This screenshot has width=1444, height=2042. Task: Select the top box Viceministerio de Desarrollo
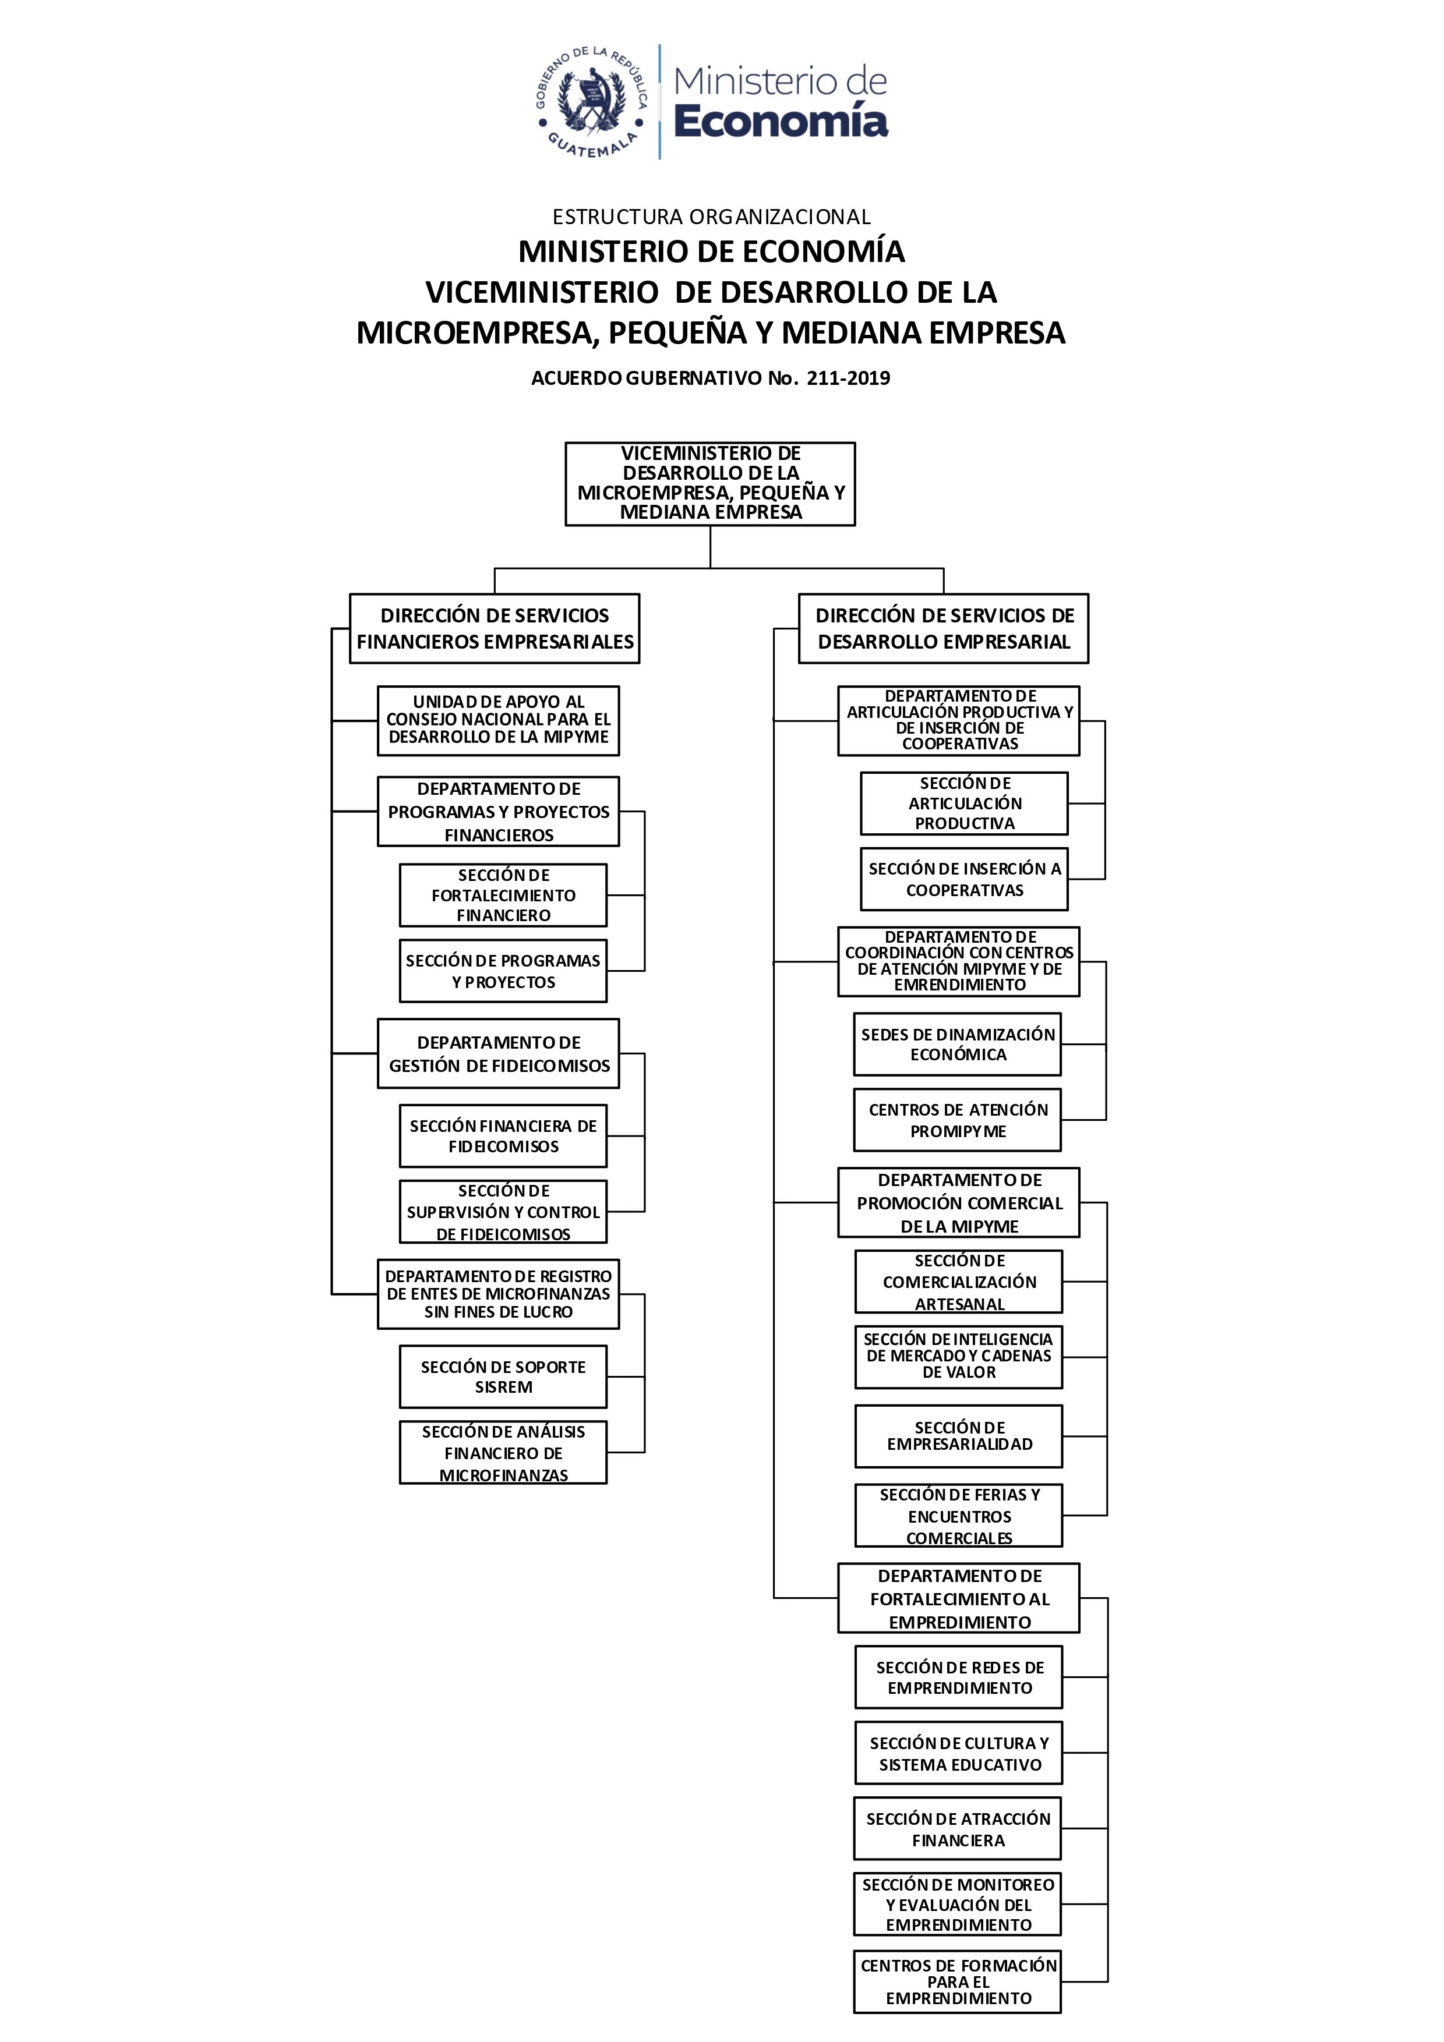tap(710, 484)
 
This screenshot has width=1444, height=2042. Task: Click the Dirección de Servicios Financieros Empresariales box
tap(495, 629)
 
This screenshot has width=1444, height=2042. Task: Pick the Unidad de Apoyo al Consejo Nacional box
tap(498, 720)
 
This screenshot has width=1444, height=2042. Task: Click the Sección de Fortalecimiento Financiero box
tap(504, 896)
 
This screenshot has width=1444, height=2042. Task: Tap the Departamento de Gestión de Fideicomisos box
tap(498, 1054)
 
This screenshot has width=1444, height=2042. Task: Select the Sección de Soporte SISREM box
tap(504, 1376)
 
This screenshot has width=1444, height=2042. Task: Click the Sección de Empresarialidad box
tap(959, 1436)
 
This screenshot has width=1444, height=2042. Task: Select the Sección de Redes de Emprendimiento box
tap(959, 1678)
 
